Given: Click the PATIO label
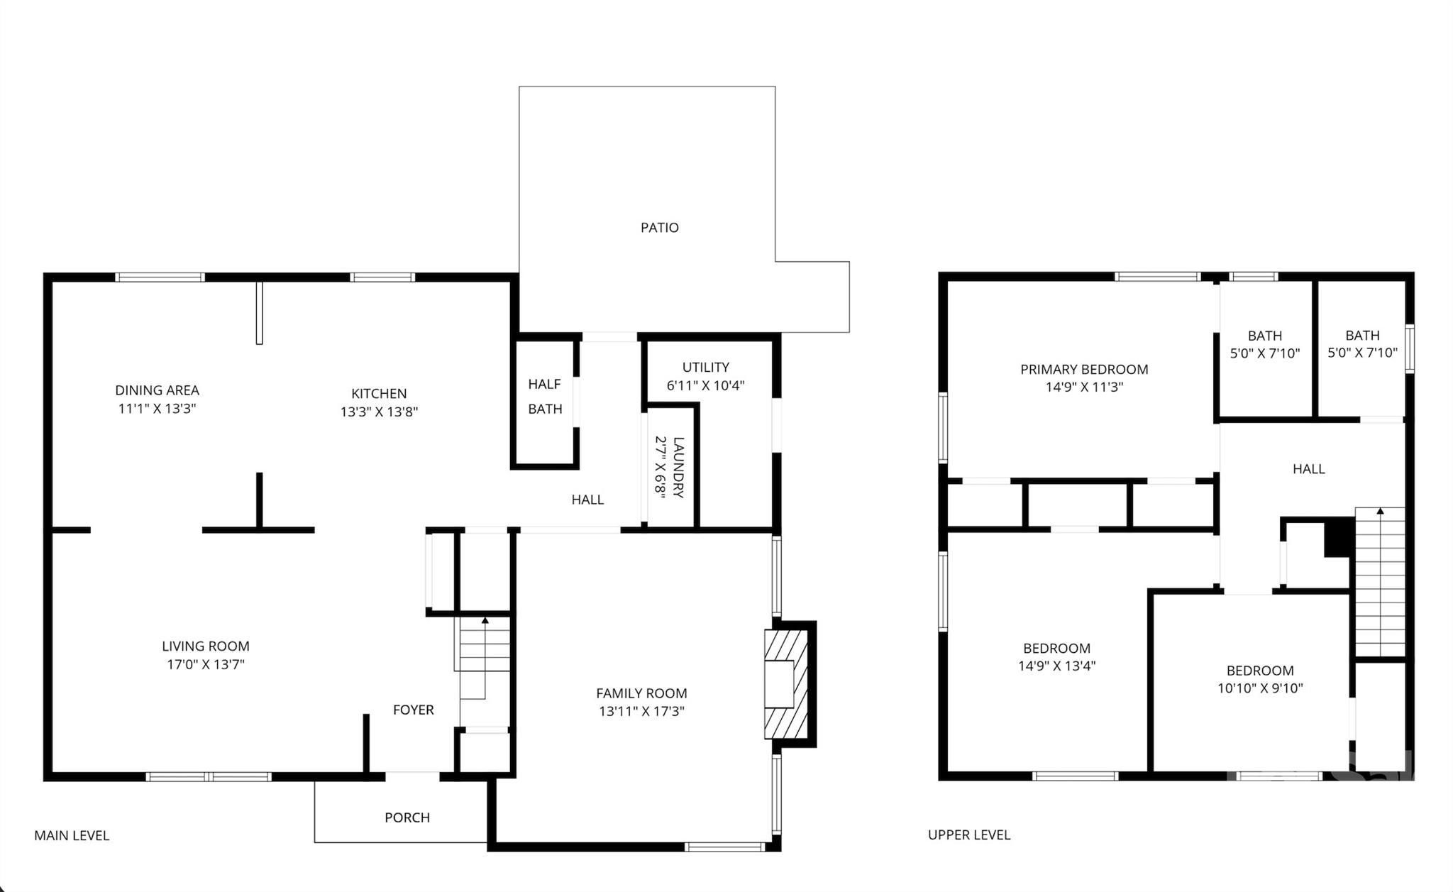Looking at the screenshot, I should [659, 228].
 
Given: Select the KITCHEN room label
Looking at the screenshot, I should [379, 394].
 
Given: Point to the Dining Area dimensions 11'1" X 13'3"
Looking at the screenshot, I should [157, 409].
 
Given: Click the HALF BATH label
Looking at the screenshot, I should [545, 397].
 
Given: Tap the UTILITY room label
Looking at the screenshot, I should [705, 368].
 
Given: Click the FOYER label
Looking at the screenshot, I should [413, 710].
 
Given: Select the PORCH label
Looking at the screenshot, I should [407, 817].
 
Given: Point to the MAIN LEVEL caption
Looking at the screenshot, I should [72, 836].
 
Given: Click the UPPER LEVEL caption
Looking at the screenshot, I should [968, 835].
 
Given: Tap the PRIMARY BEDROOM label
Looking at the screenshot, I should [1084, 370].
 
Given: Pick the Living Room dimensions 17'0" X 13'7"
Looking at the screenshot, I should [205, 665].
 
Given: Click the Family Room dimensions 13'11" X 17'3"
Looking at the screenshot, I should [641, 712].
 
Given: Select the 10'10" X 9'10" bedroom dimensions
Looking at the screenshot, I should [1260, 688].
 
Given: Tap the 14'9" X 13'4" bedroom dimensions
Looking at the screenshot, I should [1056, 666].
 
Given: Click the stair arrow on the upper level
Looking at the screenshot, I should [1380, 511].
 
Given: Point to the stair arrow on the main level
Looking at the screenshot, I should [485, 621].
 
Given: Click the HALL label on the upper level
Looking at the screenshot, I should [1308, 469].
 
